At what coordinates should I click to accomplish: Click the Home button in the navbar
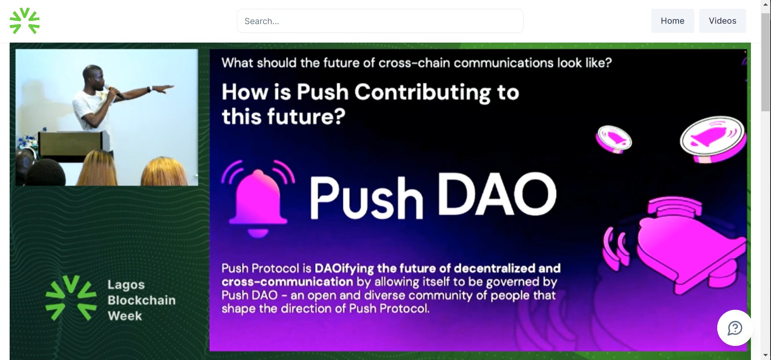(x=672, y=21)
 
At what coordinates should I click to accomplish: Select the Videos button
(x=722, y=21)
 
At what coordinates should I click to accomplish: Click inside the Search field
(x=380, y=21)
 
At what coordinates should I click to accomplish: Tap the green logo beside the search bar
(x=24, y=20)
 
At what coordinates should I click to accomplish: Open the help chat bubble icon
(x=735, y=328)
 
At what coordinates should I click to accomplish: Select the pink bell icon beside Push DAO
(x=258, y=198)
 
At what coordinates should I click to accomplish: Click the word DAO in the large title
(x=497, y=194)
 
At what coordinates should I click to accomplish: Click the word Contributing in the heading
(x=422, y=92)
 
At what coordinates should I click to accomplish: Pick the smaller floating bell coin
(x=614, y=139)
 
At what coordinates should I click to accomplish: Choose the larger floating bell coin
(x=713, y=139)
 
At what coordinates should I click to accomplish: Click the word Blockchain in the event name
(x=142, y=300)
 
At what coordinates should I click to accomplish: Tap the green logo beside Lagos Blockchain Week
(x=71, y=298)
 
